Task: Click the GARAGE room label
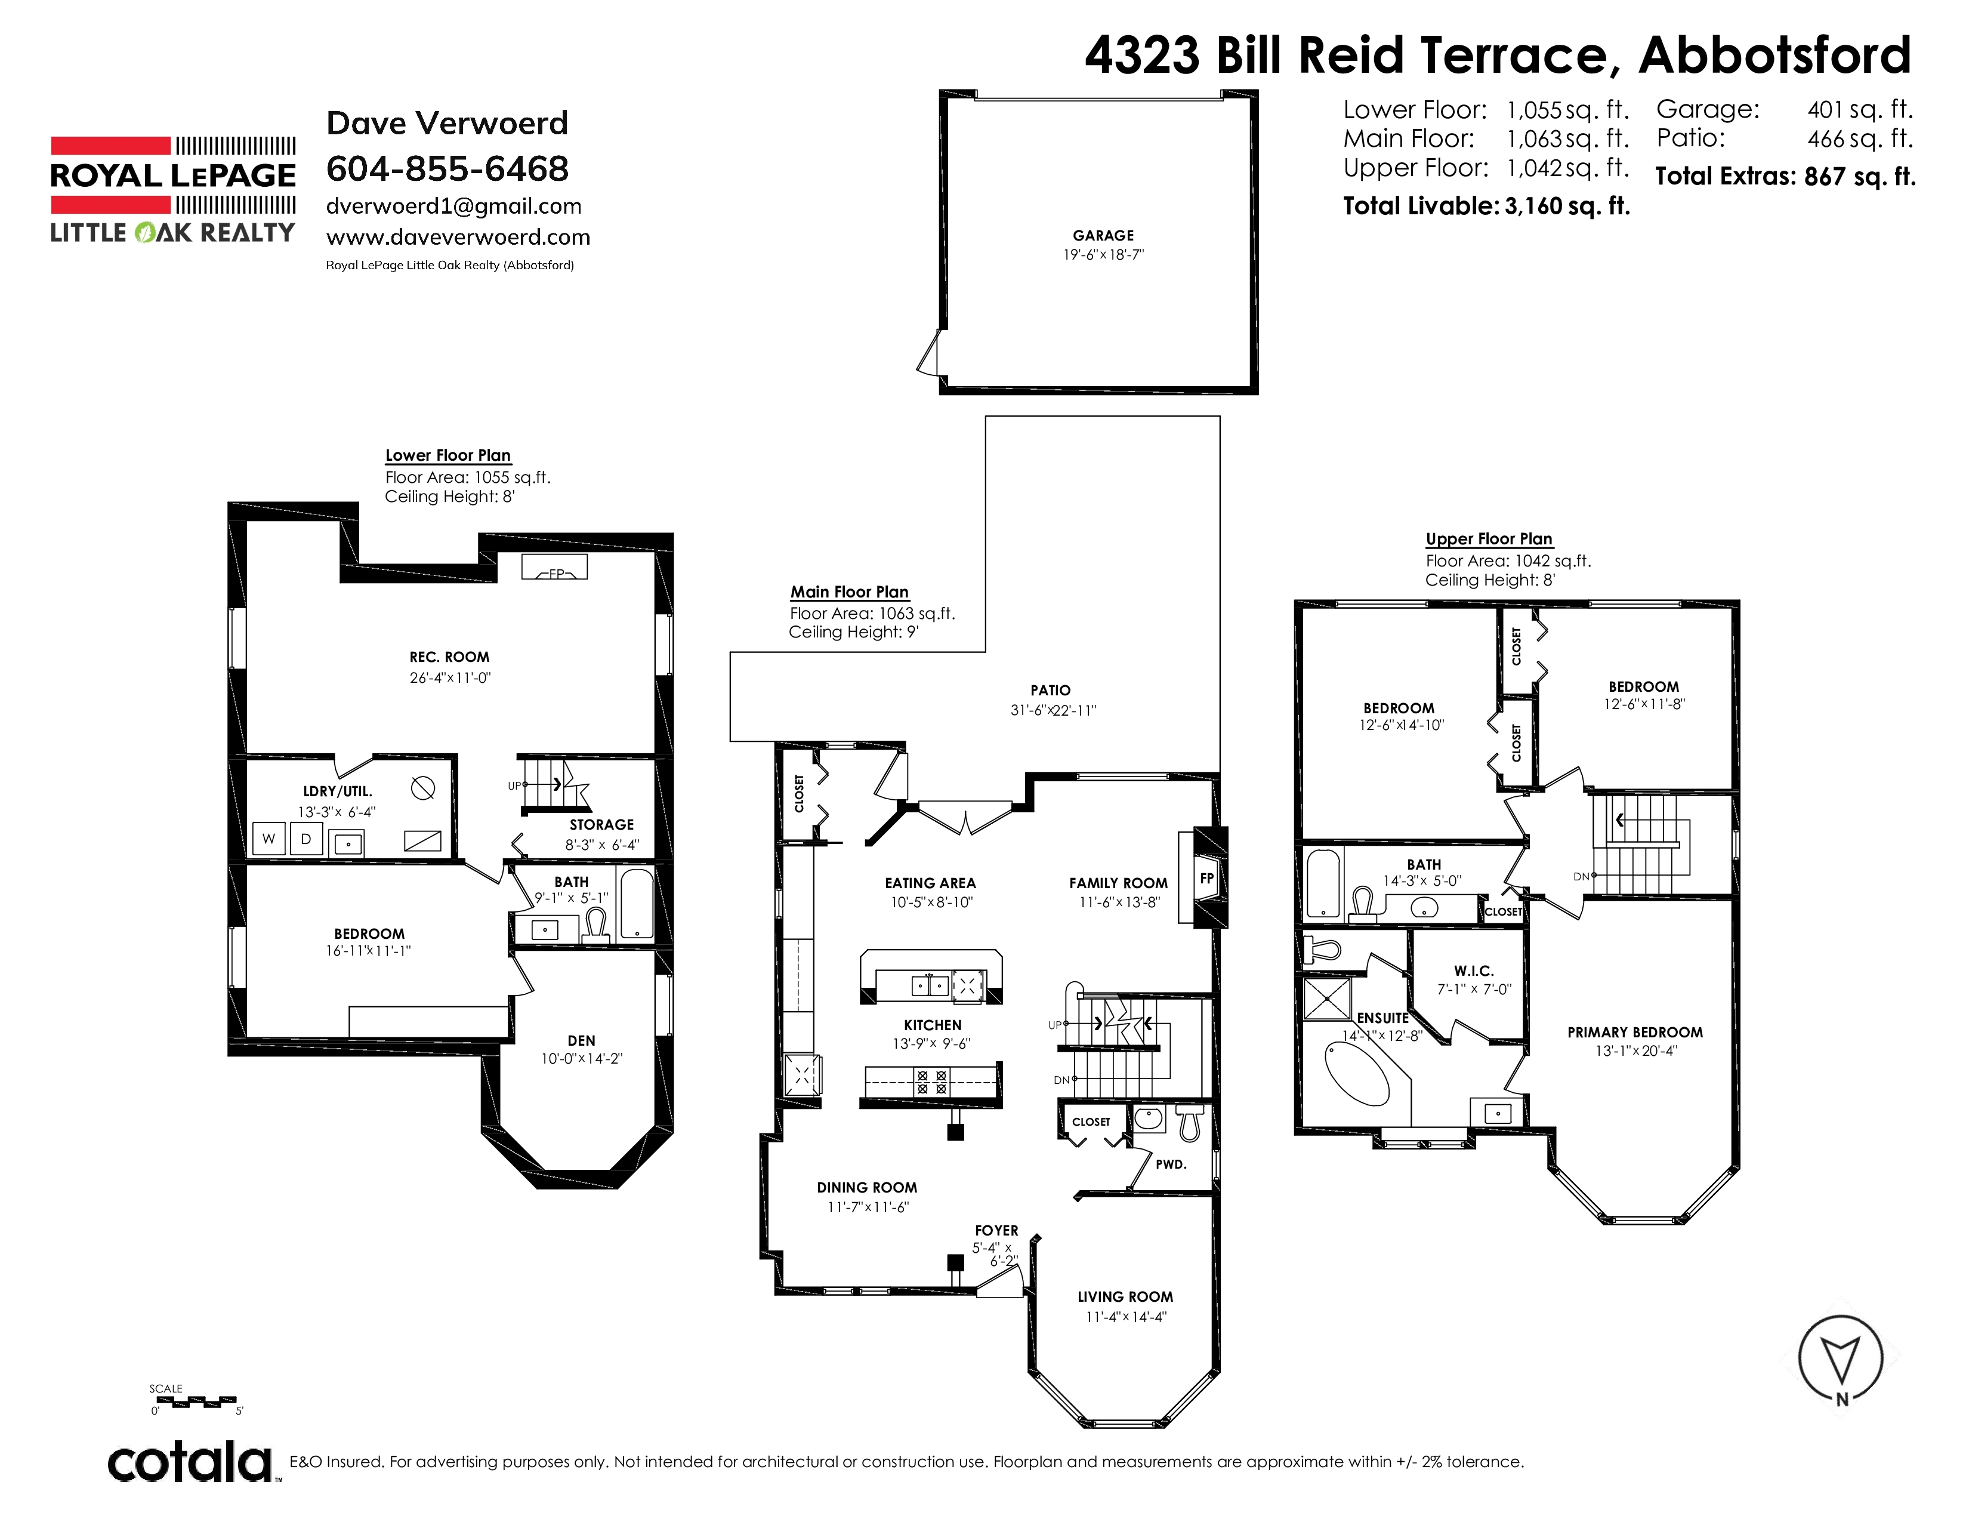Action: [1103, 235]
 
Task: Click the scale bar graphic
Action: [196, 1401]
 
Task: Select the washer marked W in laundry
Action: [268, 839]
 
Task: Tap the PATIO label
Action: [1050, 690]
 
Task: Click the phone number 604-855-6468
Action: [447, 168]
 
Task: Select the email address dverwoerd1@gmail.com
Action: [453, 207]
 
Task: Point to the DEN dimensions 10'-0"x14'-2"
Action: [582, 1059]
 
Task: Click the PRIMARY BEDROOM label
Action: [1634, 1033]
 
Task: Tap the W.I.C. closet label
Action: [1474, 971]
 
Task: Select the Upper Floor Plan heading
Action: [1489, 539]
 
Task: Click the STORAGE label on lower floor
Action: [601, 825]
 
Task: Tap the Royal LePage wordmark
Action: [173, 176]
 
